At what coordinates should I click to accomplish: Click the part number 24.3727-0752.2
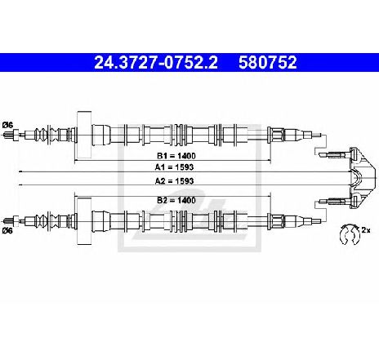[156, 63]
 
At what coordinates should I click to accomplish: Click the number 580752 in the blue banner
[268, 63]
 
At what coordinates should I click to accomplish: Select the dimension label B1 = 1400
[176, 156]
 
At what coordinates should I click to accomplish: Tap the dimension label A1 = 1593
[174, 167]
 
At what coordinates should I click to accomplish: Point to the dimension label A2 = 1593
[174, 181]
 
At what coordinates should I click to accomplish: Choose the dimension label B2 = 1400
[176, 201]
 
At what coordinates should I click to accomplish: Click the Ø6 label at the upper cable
[7, 125]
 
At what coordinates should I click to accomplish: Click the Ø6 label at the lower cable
[7, 231]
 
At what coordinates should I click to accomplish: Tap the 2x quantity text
[366, 230]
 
